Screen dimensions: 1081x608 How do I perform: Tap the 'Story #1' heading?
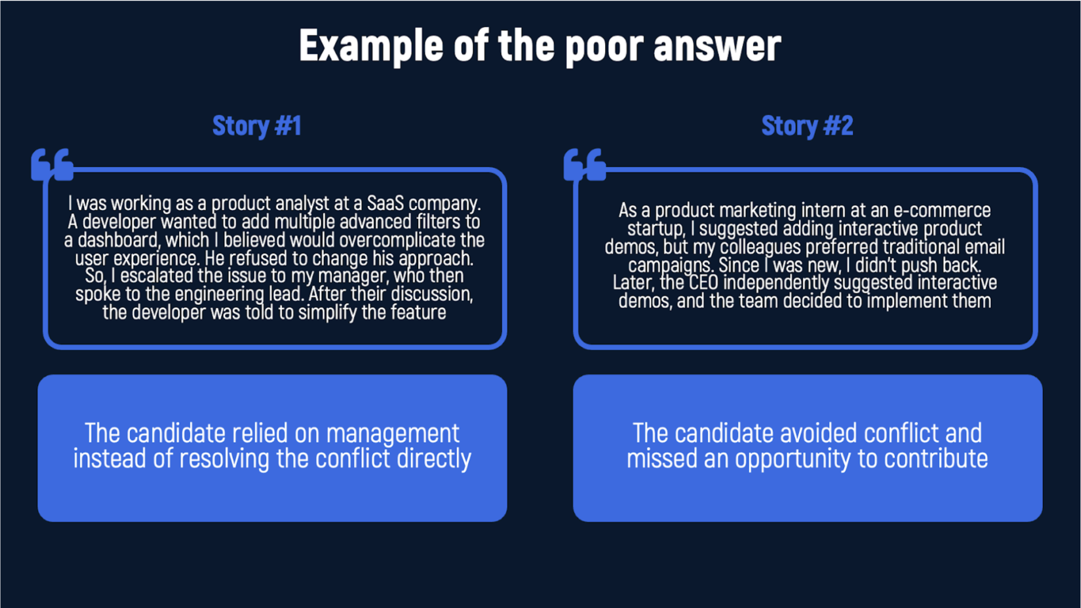[257, 126]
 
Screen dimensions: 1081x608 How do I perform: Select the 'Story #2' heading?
[807, 126]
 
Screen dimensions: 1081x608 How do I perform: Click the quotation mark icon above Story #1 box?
[52, 165]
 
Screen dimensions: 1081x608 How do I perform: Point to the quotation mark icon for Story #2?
[585, 165]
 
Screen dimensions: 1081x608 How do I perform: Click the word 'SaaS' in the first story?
[386, 204]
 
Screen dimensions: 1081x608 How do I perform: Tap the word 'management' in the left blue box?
[392, 433]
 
